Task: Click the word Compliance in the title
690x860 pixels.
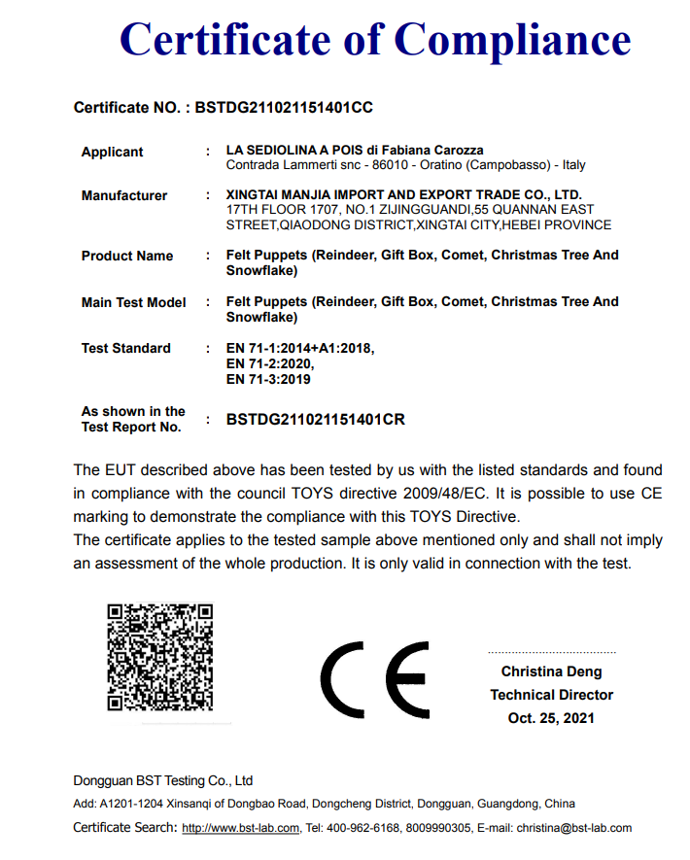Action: (513, 41)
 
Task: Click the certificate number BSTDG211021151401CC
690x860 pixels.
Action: (284, 108)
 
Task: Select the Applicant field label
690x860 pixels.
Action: (112, 152)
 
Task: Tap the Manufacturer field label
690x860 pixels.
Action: (123, 195)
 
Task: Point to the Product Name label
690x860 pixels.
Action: (126, 256)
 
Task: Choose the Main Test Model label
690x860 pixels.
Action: (133, 302)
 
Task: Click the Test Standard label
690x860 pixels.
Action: (125, 348)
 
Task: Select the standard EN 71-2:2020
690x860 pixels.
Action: (269, 363)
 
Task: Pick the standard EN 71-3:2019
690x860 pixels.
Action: (267, 379)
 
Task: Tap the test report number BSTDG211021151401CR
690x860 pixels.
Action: (315, 420)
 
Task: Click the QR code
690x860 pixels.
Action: (159, 657)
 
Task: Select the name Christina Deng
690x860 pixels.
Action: (551, 671)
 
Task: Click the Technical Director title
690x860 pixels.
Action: (551, 695)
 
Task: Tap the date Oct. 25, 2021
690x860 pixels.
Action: (551, 718)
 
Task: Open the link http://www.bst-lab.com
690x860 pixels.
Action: (241, 828)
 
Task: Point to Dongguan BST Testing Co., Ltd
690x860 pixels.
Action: (162, 780)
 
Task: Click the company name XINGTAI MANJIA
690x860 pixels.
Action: (282, 194)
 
